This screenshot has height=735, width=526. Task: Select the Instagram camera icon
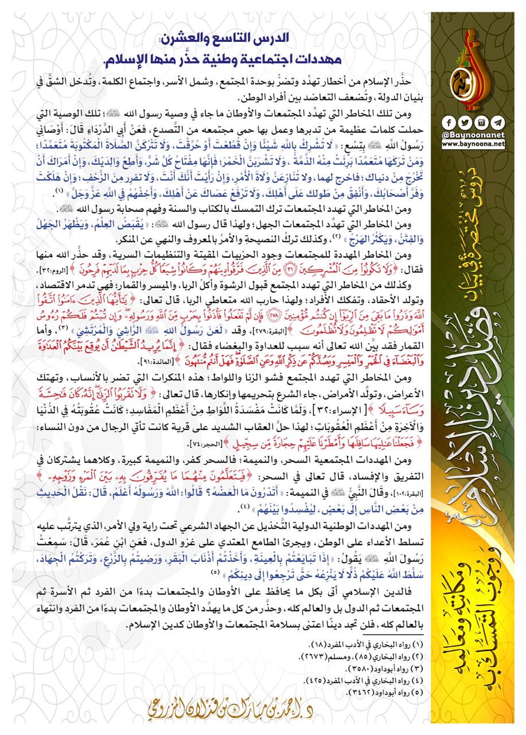(476, 123)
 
